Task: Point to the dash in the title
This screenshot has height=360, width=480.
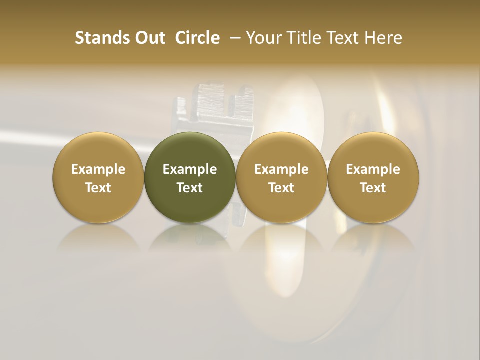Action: (x=233, y=38)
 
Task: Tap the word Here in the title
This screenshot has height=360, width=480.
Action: (x=384, y=38)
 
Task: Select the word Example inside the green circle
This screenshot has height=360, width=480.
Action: (x=190, y=169)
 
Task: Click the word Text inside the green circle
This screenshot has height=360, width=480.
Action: (x=190, y=188)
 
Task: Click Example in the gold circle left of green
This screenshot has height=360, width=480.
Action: (x=98, y=169)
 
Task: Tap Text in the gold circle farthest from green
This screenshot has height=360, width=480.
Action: (x=373, y=188)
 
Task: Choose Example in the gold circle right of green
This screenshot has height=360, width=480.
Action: (x=281, y=169)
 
